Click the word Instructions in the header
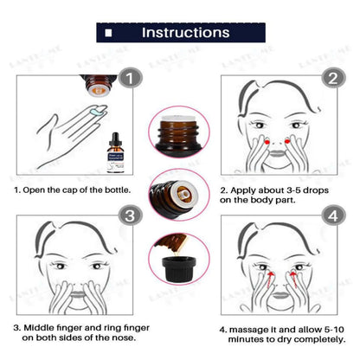tap(185, 33)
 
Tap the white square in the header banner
tap(132, 34)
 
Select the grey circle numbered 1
tap(127, 79)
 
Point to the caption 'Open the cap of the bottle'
tap(71, 189)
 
